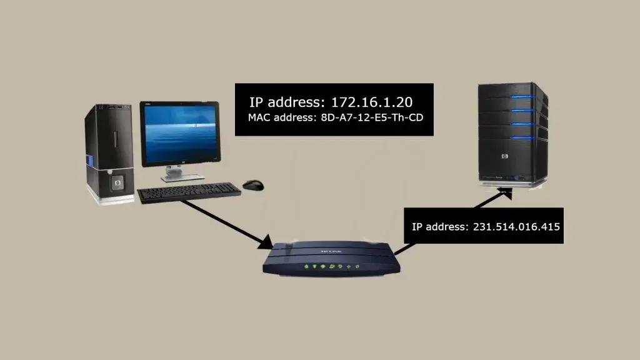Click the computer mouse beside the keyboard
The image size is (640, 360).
253,185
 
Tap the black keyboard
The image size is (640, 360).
189,192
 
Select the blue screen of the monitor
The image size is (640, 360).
179,133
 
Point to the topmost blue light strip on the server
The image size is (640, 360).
525,97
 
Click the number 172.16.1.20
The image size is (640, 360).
373,102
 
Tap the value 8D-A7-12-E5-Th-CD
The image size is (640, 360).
367,116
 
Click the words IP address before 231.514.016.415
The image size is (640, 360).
439,226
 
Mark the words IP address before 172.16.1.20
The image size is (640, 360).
286,102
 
